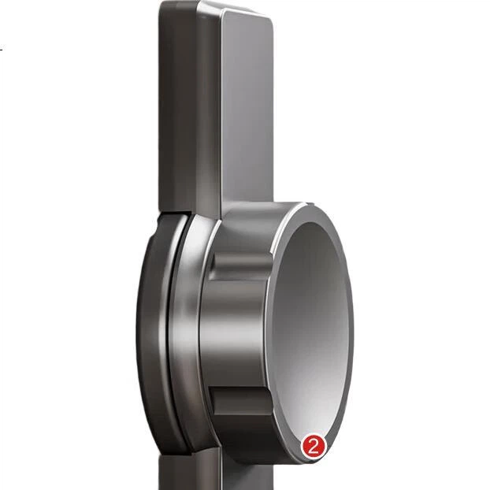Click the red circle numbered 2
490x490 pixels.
314,447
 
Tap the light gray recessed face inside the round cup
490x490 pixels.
310,325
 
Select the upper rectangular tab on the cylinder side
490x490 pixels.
240,266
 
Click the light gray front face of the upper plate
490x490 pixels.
247,106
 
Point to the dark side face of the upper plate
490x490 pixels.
178,106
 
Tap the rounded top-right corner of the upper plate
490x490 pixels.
269,20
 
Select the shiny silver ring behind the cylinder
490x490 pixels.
187,331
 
